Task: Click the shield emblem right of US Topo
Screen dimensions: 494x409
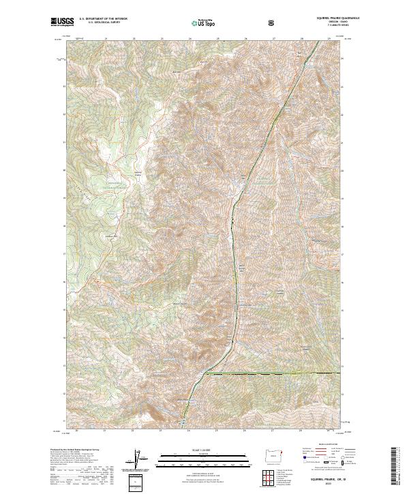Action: click(x=272, y=22)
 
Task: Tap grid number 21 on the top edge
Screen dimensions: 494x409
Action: click(x=106, y=38)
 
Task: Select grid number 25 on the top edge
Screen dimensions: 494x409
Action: click(x=217, y=38)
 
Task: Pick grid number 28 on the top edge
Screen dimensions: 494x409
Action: click(x=301, y=38)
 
